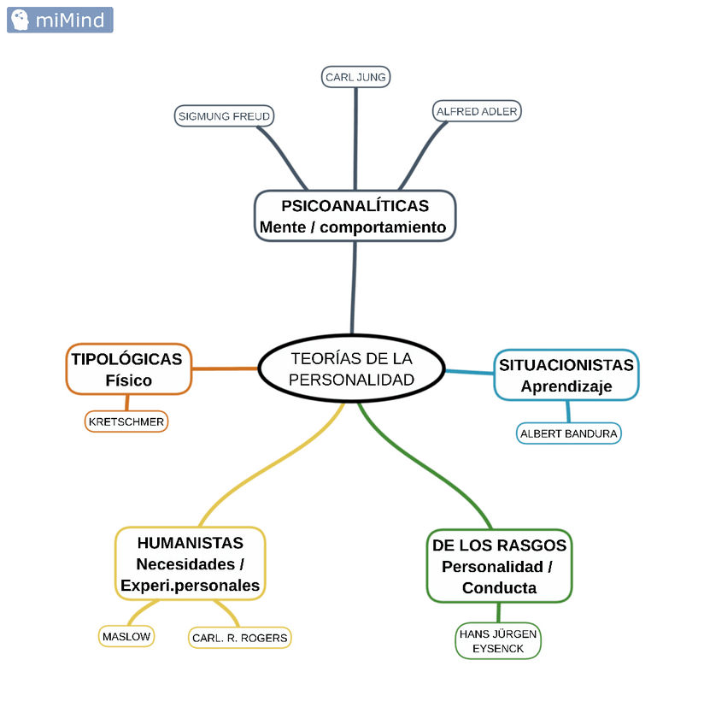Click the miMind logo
60,20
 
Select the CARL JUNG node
355,77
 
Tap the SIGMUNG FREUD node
224,115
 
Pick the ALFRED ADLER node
477,111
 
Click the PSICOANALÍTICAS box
355,216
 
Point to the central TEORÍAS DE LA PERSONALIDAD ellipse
351,368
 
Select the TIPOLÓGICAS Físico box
128,369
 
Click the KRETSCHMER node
126,421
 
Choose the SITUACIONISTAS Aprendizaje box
566,375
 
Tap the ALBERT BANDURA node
569,433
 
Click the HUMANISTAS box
190,563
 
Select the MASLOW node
126,636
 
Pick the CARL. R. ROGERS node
240,638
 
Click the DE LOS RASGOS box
499,566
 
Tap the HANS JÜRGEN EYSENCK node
498,641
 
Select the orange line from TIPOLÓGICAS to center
225,368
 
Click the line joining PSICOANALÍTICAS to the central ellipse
354,287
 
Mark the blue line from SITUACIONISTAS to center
469,371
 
